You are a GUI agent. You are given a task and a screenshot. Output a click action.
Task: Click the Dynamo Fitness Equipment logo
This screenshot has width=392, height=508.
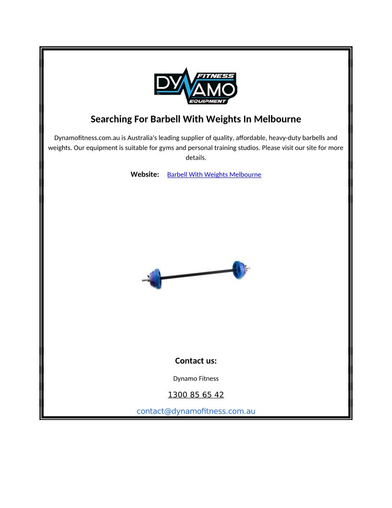196,87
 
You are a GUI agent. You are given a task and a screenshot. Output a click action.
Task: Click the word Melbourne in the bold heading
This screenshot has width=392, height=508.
278,119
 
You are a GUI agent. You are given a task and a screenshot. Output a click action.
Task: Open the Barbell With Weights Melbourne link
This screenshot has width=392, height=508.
214,175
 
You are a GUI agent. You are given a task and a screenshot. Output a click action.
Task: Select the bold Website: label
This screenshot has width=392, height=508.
145,174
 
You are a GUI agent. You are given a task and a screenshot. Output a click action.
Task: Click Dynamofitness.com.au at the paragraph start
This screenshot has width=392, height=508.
83,138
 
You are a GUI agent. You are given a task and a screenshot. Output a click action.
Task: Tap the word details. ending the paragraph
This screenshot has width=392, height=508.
196,158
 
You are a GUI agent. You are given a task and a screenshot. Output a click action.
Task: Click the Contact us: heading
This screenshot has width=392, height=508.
196,361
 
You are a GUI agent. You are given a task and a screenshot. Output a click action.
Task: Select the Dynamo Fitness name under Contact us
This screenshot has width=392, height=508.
196,379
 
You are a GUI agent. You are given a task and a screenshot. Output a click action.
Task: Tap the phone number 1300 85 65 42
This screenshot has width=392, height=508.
196,395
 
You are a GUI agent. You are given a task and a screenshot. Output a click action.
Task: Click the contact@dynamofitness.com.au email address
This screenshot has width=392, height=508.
196,411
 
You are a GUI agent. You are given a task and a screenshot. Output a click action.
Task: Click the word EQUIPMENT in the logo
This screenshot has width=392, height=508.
208,101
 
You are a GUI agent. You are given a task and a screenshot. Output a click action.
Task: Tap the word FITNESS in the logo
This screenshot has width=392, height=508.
217,76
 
